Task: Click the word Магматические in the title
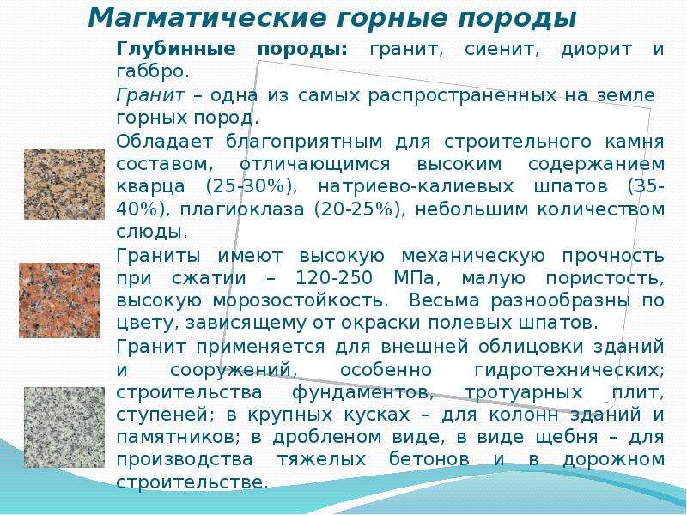coord(207,18)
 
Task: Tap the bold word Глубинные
coord(176,49)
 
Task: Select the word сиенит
coord(502,49)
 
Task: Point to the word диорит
coord(597,50)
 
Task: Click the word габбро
coord(153,71)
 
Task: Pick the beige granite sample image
coord(64,184)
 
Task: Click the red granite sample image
coord(59,300)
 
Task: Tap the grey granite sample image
coord(64,427)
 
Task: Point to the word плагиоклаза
coord(242,209)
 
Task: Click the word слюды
coord(152,232)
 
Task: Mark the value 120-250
coord(334,278)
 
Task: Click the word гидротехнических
coord(569,370)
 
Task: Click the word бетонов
coord(429,459)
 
